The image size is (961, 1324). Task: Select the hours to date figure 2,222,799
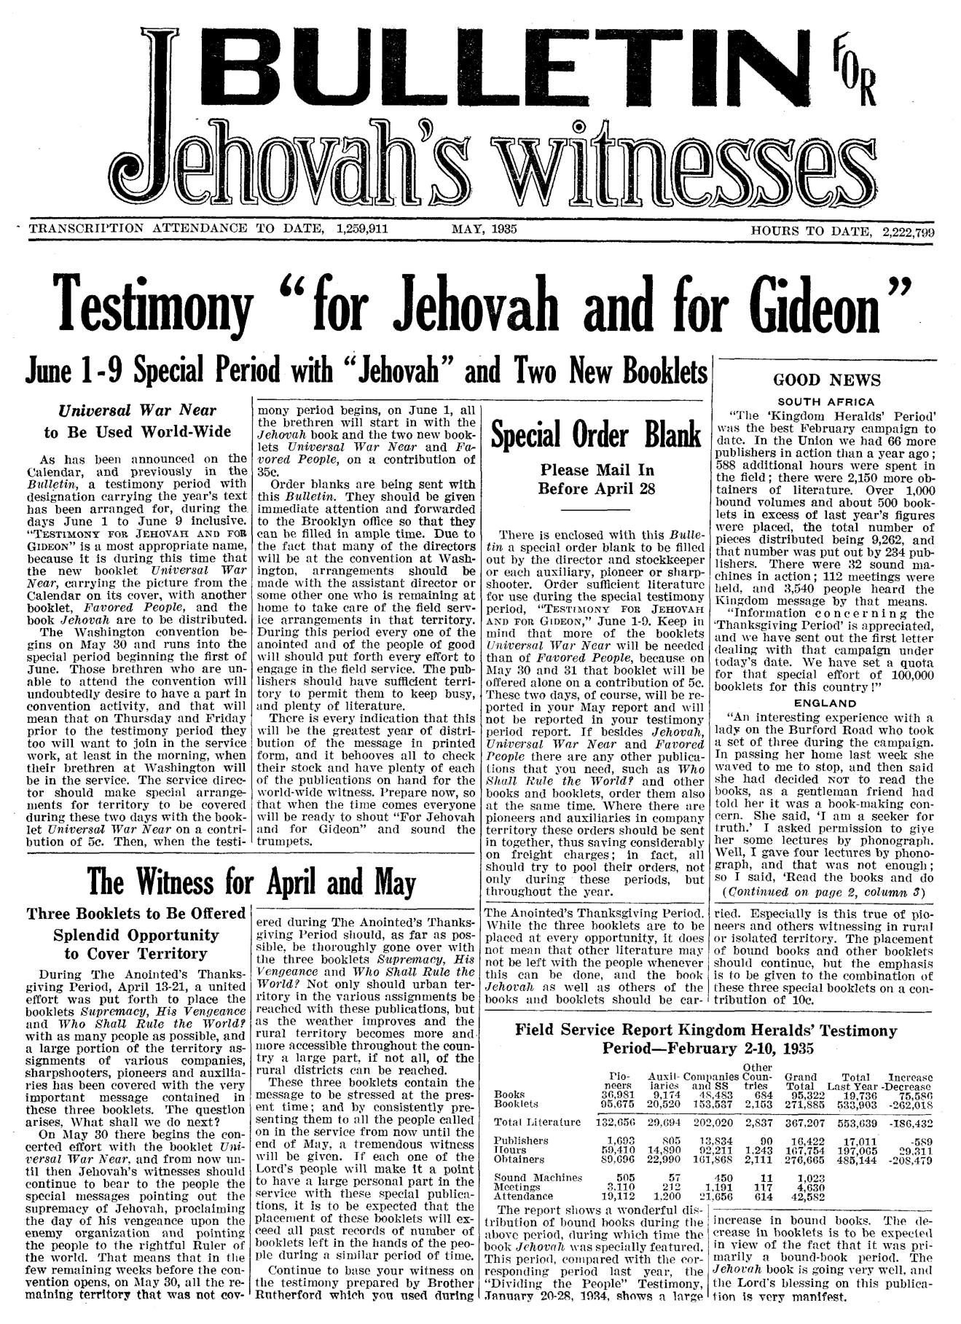907,232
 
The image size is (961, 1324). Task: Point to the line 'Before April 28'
596,488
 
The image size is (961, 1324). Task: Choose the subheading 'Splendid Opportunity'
136,935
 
